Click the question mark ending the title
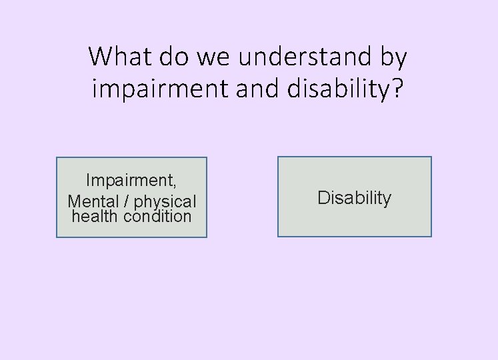tap(397, 89)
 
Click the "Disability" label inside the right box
tap(354, 198)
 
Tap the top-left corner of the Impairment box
tap(57, 158)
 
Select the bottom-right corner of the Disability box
tap(431, 236)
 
